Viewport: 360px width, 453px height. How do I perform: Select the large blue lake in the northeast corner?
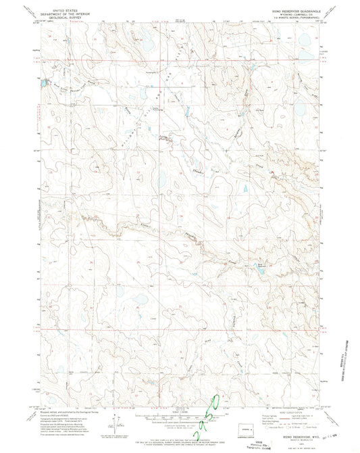(304, 41)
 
